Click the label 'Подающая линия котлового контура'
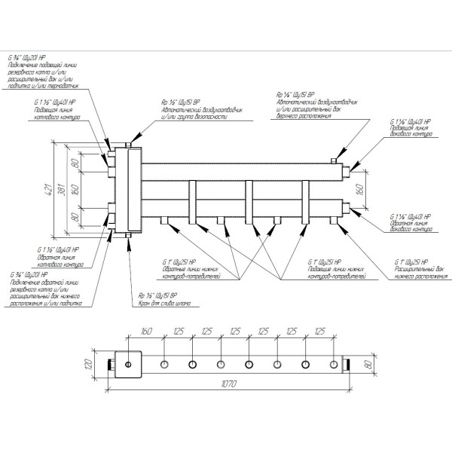coord(55,113)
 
